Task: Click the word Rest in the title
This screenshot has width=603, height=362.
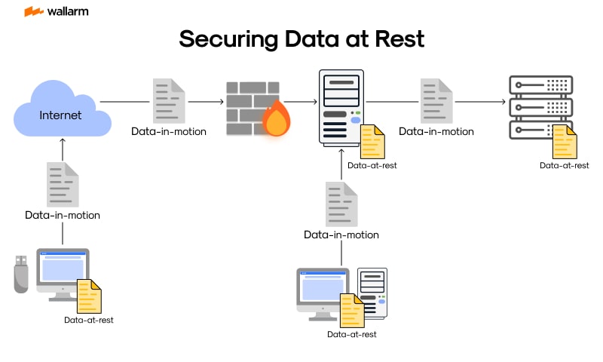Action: tap(399, 39)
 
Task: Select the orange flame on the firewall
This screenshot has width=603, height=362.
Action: tap(276, 118)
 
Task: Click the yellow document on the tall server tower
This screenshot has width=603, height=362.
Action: tap(372, 142)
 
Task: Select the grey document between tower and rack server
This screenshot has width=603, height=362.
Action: tap(436, 100)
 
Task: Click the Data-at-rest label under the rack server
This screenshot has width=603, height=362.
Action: tap(564, 165)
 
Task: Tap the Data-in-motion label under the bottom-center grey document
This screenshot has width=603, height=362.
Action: tap(341, 235)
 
